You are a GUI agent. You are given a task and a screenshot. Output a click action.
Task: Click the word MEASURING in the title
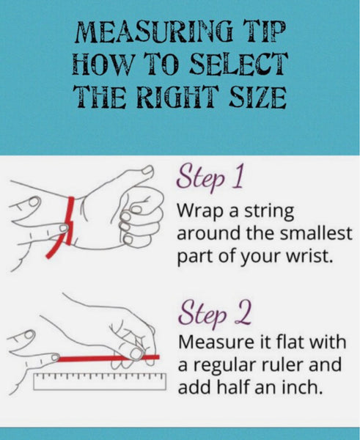pyautogui.click(x=154, y=32)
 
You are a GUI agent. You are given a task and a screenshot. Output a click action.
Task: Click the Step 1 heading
pyautogui.click(x=210, y=178)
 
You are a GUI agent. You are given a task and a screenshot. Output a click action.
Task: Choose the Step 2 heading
pyautogui.click(x=215, y=314)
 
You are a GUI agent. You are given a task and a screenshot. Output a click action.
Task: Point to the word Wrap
pyautogui.click(x=201, y=211)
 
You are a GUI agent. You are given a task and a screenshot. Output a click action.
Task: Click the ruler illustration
pyautogui.click(x=100, y=381)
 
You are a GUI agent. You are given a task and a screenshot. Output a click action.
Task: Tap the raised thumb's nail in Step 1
pyautogui.click(x=147, y=170)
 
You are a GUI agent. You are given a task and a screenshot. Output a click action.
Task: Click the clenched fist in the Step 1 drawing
pyautogui.click(x=140, y=216)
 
